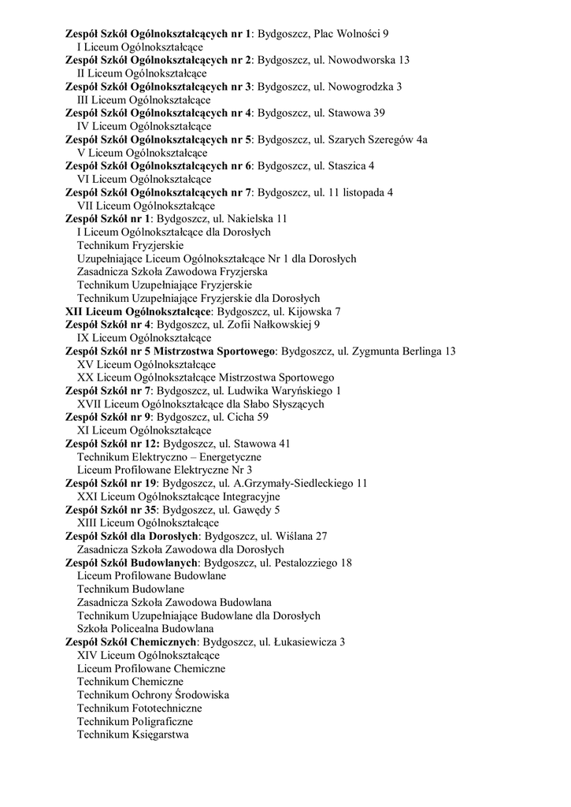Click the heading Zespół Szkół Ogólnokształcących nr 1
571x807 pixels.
coord(158,34)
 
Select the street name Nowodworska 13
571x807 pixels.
coord(369,60)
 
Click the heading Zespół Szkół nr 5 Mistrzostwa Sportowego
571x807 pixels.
coord(169,351)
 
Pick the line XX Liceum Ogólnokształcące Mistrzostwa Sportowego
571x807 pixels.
coord(205,377)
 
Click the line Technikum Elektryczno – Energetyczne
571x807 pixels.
coord(169,456)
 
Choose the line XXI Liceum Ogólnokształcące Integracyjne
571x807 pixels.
coord(178,496)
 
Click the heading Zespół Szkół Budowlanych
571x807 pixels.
coord(133,563)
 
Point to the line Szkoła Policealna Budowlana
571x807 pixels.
coord(145,629)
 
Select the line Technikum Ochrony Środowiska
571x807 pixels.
coord(153,695)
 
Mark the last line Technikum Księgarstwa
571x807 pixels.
coord(132,734)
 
